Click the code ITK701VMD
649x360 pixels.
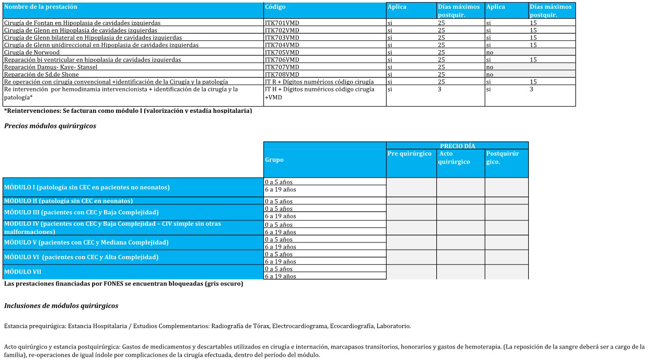(x=282, y=23)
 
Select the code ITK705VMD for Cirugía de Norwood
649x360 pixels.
(x=282, y=52)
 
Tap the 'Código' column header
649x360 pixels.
(x=275, y=7)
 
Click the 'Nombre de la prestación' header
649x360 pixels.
(x=41, y=7)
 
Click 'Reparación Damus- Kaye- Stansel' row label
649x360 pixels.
(x=51, y=67)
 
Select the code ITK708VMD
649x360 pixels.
(x=282, y=74)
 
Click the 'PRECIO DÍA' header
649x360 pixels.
(x=457, y=146)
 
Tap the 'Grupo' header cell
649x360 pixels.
(x=274, y=159)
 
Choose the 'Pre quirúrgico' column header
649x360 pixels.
(x=410, y=154)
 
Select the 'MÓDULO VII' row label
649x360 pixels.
(x=22, y=272)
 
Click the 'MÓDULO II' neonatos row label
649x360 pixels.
(x=68, y=201)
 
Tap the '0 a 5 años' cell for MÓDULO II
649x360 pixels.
(x=279, y=201)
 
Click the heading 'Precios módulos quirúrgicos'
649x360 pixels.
(x=50, y=126)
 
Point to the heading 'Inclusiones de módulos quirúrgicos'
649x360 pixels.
(x=61, y=306)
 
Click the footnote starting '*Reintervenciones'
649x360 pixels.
(x=128, y=110)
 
